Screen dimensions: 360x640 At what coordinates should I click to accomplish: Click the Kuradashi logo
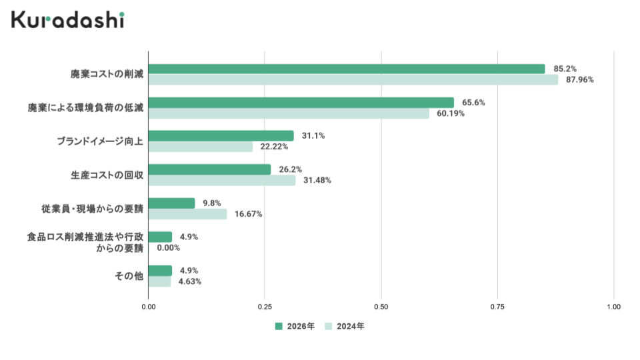tap(67, 19)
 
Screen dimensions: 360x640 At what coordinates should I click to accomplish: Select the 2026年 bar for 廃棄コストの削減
tap(346, 69)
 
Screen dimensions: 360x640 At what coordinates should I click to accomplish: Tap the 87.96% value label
tap(579, 80)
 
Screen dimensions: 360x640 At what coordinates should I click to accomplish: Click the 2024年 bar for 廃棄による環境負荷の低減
tap(289, 113)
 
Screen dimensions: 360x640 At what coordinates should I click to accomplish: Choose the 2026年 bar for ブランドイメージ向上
tap(221, 136)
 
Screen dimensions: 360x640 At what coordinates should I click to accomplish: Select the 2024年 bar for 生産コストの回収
tap(221, 181)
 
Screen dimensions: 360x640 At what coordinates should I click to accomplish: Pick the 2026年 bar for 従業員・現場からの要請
tap(171, 203)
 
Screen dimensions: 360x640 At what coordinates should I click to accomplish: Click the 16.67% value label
tap(248, 214)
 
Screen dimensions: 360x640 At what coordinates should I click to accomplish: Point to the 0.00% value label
tap(169, 248)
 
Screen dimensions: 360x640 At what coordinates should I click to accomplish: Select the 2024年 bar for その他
tap(159, 281)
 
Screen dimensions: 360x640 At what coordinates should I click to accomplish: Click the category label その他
tap(129, 275)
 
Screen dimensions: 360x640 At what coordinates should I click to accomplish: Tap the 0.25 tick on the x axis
tap(265, 307)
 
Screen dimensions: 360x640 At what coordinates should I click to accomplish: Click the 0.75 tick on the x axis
tap(497, 307)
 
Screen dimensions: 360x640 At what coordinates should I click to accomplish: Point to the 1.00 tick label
tap(613, 307)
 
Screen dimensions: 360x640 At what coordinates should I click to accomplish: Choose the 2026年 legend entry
tap(295, 327)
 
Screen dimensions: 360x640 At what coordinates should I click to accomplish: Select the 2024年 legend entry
tap(345, 327)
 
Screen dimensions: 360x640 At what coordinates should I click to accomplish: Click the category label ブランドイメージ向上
tap(100, 141)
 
